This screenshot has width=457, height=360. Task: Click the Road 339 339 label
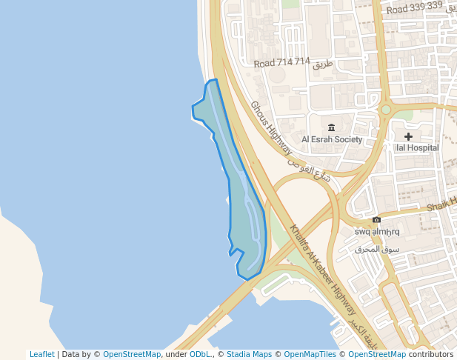click(x=414, y=7)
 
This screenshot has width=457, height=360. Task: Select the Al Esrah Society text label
click(x=331, y=139)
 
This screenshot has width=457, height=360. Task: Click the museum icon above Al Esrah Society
click(x=331, y=127)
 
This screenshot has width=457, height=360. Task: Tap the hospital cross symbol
click(x=408, y=136)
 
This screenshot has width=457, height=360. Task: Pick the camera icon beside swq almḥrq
click(x=377, y=220)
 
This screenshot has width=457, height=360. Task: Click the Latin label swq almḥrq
click(x=377, y=232)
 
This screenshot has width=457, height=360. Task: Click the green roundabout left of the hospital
click(x=386, y=110)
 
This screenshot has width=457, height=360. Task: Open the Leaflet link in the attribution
click(x=42, y=354)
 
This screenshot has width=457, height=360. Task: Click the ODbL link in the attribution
click(x=200, y=354)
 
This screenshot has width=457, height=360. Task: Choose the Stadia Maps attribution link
click(x=249, y=354)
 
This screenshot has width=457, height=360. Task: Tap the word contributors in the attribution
click(x=430, y=354)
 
